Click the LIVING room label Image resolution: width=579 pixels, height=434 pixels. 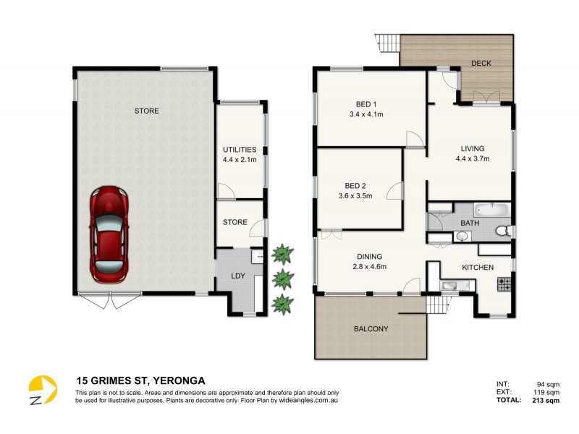(x=473, y=148)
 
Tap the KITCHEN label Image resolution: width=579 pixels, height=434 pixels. (x=478, y=268)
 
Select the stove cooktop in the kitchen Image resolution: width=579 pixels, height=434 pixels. (x=503, y=284)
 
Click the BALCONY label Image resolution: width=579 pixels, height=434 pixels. (x=371, y=329)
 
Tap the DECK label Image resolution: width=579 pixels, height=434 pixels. (x=481, y=64)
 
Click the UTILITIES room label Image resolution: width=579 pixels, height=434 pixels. (x=240, y=150)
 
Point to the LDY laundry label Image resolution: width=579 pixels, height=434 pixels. (x=237, y=277)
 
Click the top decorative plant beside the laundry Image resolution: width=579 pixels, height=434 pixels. (x=282, y=253)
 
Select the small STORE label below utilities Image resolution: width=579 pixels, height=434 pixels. (x=235, y=223)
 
